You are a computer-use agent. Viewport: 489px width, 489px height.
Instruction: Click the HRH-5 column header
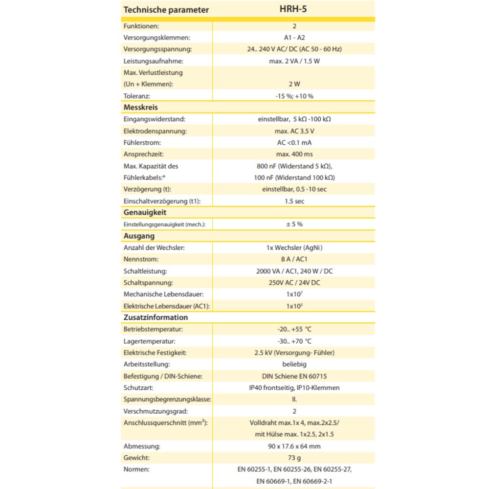pyautogui.click(x=294, y=9)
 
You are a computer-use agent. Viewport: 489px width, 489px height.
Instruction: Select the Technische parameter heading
pyautogui.click(x=166, y=10)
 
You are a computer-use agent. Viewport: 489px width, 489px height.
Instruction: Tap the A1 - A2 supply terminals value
pyautogui.click(x=294, y=38)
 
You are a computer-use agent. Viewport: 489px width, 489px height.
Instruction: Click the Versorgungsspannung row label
pyautogui.click(x=157, y=49)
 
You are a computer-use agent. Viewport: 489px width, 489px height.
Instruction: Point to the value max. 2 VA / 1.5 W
pyautogui.click(x=294, y=61)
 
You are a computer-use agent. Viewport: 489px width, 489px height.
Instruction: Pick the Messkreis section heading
pyautogui.click(x=141, y=107)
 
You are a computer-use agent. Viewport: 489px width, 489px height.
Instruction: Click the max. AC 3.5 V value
pyautogui.click(x=294, y=131)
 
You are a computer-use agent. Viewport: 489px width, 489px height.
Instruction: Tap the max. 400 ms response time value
pyautogui.click(x=294, y=155)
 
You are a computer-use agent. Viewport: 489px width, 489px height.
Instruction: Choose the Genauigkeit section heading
pyautogui.click(x=145, y=212)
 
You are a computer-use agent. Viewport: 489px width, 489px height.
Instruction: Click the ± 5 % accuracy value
pyautogui.click(x=294, y=224)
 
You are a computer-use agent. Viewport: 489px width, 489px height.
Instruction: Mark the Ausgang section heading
pyautogui.click(x=139, y=236)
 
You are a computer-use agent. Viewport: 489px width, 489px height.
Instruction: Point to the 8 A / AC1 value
pyautogui.click(x=294, y=259)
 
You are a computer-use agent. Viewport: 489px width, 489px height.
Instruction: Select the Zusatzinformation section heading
pyautogui.click(x=156, y=317)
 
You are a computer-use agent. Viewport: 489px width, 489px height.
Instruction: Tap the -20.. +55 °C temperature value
pyautogui.click(x=294, y=329)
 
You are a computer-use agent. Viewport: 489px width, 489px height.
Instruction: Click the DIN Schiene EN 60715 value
pyautogui.click(x=294, y=376)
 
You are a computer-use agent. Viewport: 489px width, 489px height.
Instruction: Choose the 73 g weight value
pyautogui.click(x=294, y=458)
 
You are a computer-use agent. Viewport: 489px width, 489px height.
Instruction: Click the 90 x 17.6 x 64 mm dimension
pyautogui.click(x=294, y=446)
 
